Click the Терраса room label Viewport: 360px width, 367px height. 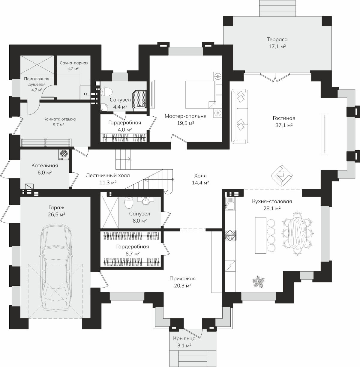[x=277, y=39]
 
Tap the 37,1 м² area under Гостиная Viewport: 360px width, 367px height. [x=284, y=125]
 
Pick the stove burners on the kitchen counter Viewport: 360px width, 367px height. [x=230, y=235]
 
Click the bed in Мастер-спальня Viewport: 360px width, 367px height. [x=203, y=95]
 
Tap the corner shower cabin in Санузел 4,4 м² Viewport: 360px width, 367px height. [x=140, y=99]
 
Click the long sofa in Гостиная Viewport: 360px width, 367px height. [x=240, y=116]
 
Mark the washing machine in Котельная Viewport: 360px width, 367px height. [x=64, y=155]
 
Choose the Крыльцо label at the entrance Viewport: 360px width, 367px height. [x=184, y=338]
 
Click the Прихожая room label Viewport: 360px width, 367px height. [x=183, y=279]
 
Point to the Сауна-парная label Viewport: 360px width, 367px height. [x=74, y=63]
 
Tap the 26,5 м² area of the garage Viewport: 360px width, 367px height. [x=57, y=215]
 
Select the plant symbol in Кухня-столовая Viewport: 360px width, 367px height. [x=258, y=281]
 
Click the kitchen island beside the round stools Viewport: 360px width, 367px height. [x=261, y=235]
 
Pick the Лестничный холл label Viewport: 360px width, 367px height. [x=108, y=175]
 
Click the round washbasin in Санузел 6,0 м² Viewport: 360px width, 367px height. [x=146, y=201]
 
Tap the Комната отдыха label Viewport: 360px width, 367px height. [x=60, y=119]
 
